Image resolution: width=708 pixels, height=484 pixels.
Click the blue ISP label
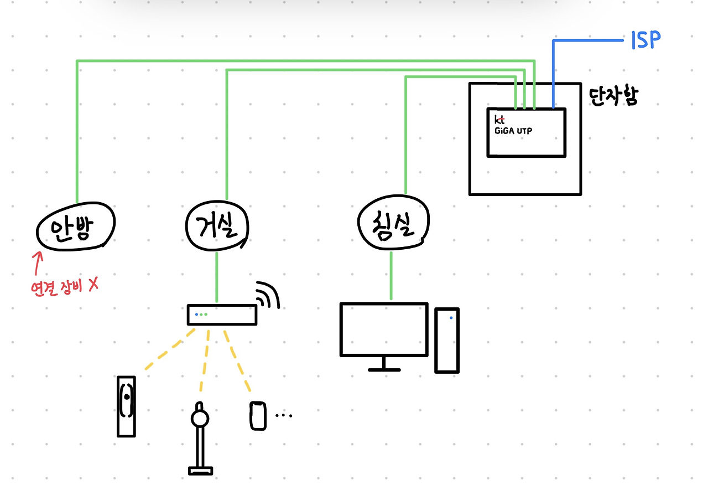coord(645,40)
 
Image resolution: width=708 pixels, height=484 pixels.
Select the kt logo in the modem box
coord(499,119)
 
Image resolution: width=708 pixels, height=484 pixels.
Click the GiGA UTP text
coord(513,131)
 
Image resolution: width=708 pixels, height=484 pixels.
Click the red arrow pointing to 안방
coord(38,264)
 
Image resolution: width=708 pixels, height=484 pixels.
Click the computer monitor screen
coord(384,329)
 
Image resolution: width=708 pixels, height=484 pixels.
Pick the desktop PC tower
coord(447,340)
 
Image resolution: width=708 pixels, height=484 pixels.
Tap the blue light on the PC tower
coord(451,318)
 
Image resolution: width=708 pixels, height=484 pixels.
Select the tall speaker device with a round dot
coord(126,405)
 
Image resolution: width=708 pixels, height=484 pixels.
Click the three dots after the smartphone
coord(283,415)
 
